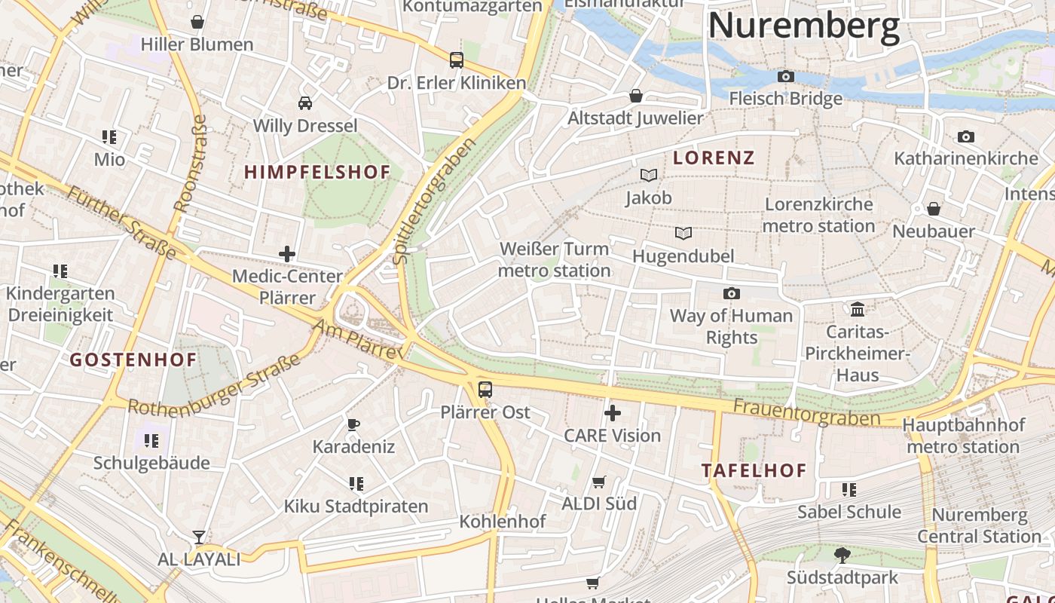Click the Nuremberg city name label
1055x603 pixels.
(803, 26)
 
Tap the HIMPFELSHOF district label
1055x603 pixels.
(317, 172)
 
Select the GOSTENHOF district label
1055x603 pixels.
(133, 360)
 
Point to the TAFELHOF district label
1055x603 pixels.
(754, 470)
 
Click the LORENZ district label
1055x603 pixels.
(714, 158)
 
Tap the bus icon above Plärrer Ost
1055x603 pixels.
(485, 390)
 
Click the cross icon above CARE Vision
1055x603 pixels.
(613, 413)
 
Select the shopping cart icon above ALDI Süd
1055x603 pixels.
(599, 482)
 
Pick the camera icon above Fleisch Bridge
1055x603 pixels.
(785, 77)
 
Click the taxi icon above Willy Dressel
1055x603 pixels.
(305, 103)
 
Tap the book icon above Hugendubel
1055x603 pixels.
(683, 234)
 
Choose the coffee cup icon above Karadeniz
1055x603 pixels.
(353, 424)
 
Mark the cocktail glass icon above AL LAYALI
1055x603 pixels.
(199, 537)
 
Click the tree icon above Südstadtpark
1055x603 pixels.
(842, 556)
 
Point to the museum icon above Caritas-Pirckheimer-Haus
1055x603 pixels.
(857, 309)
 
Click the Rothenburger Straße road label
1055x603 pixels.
(215, 386)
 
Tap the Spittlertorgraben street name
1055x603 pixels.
(435, 200)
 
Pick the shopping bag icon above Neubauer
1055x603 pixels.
(934, 209)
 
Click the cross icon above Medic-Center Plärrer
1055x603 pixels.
(287, 254)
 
